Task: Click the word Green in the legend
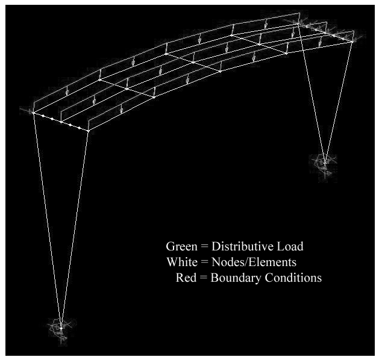click(x=181, y=246)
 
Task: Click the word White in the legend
click(x=182, y=262)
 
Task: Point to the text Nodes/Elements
click(x=254, y=262)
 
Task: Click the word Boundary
click(x=236, y=278)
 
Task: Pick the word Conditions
click(x=293, y=278)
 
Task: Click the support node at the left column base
click(x=61, y=328)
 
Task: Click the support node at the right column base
click(x=325, y=163)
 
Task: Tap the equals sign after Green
click(x=204, y=247)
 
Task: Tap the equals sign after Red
click(x=204, y=278)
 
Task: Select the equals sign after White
click(x=204, y=262)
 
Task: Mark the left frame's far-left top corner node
click(x=33, y=113)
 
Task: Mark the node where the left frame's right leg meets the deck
click(x=88, y=131)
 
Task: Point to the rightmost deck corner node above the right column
click(x=352, y=42)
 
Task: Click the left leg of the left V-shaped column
click(x=47, y=220)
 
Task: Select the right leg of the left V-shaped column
click(x=75, y=229)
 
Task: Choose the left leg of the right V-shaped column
click(x=312, y=93)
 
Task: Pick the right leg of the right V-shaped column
click(x=339, y=102)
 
